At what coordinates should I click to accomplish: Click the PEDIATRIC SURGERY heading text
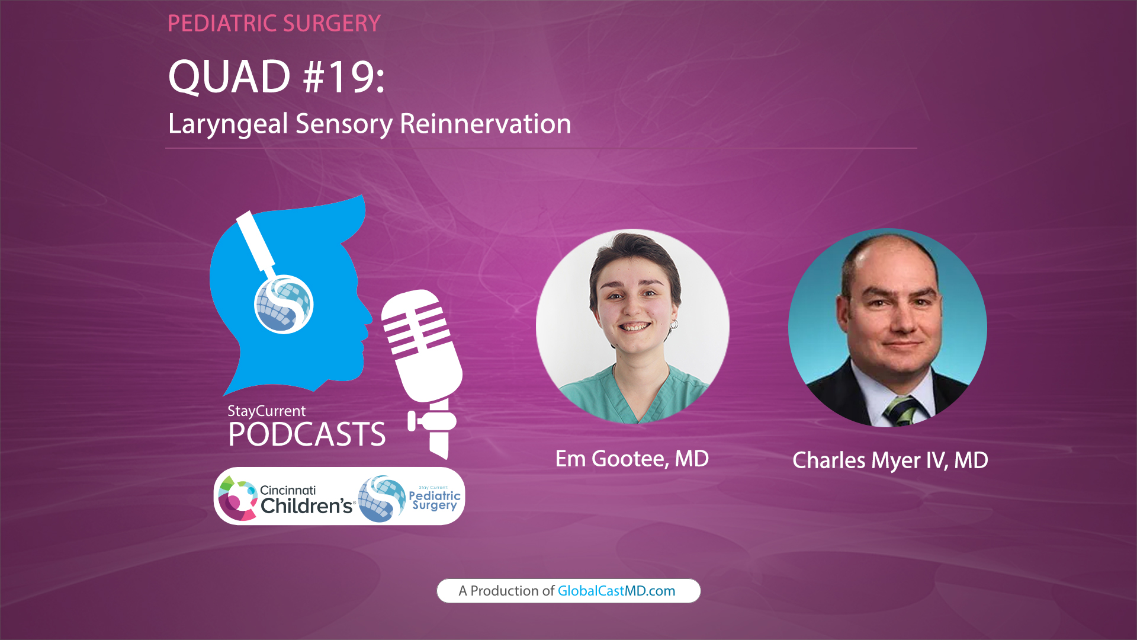click(x=274, y=24)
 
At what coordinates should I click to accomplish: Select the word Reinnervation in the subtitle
click(x=485, y=124)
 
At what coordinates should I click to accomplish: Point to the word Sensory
click(x=343, y=124)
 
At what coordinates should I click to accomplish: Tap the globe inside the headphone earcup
click(x=284, y=305)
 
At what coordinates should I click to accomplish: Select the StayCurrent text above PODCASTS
click(x=266, y=411)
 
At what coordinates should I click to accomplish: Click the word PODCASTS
click(x=307, y=435)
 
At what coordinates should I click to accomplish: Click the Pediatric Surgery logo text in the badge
click(x=434, y=500)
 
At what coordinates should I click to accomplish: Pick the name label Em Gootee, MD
click(x=632, y=459)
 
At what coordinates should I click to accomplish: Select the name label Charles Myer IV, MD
click(x=890, y=460)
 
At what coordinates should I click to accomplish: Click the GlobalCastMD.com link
click(x=616, y=591)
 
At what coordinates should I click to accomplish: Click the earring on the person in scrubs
click(x=674, y=324)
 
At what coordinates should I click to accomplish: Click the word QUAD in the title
click(x=229, y=77)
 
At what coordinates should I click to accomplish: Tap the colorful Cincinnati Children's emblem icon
click(x=236, y=498)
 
